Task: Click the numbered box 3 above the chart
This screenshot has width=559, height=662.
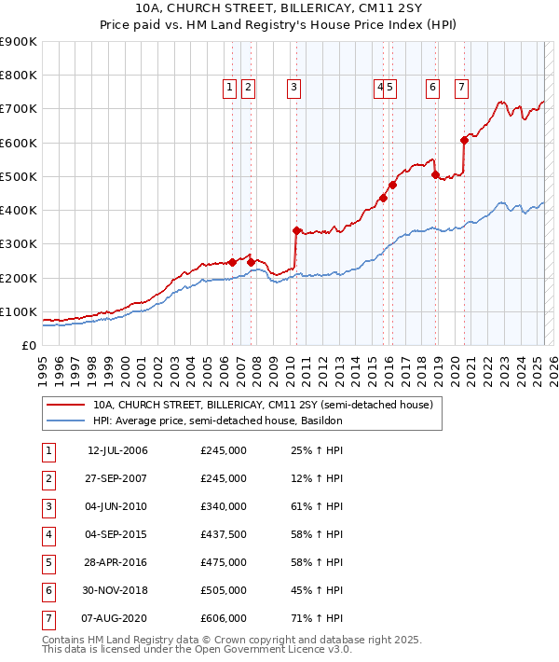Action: (x=293, y=88)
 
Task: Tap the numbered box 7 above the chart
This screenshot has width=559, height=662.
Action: (x=461, y=88)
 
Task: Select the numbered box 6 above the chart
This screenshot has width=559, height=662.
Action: (x=433, y=88)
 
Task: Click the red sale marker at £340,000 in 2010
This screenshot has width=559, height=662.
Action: (x=296, y=230)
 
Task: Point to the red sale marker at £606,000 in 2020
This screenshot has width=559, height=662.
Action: (x=464, y=141)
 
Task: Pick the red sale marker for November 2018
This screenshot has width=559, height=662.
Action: (x=436, y=174)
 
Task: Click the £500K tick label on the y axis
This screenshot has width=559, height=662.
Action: (x=19, y=176)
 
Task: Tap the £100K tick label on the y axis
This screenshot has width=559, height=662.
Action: (x=19, y=311)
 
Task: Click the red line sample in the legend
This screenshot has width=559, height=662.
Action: (x=65, y=406)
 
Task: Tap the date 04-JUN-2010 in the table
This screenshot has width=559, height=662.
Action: (x=117, y=506)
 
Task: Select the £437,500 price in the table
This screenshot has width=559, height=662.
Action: (x=224, y=534)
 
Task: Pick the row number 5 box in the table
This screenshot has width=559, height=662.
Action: (x=48, y=562)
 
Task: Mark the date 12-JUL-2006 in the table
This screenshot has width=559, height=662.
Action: (x=117, y=450)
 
